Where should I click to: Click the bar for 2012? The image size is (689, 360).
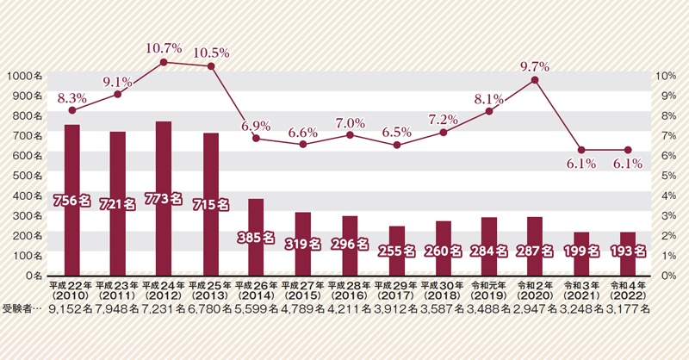(x=164, y=198)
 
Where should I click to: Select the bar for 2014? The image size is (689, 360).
(x=256, y=237)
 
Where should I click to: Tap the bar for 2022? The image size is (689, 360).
(x=628, y=253)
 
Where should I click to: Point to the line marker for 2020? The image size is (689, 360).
(x=535, y=80)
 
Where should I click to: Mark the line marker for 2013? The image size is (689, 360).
(x=211, y=65)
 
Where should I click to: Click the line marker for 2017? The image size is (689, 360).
(x=396, y=146)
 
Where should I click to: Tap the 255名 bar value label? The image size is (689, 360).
(x=396, y=252)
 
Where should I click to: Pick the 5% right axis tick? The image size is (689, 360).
(x=664, y=175)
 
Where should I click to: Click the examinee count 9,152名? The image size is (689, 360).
(x=71, y=308)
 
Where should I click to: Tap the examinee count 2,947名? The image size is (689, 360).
(x=535, y=308)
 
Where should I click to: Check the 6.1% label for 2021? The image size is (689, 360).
(x=582, y=164)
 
